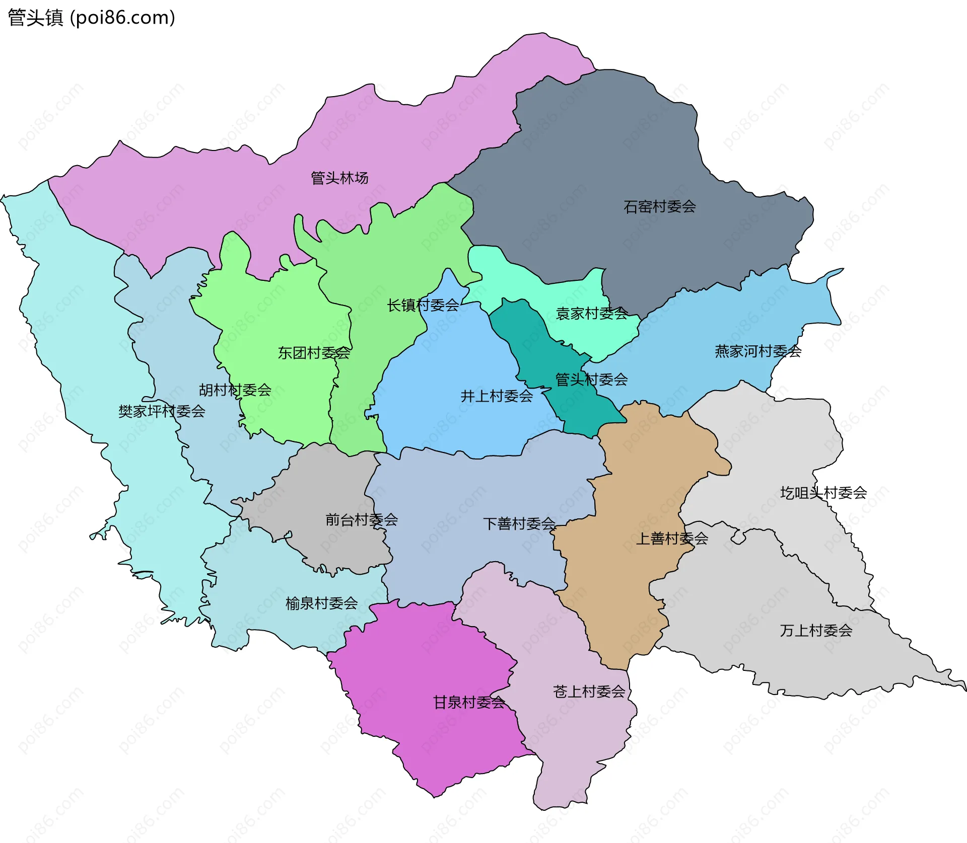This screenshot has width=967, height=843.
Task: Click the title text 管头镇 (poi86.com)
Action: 91,18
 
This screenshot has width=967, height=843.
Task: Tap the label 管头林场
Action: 339,178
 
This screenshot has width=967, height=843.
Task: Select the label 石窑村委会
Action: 660,206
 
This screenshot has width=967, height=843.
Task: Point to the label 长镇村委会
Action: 423,305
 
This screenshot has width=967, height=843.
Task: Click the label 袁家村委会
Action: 591,314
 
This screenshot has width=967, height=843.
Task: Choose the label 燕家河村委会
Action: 757,351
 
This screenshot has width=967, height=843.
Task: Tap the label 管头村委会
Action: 591,379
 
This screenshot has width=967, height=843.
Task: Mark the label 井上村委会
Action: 497,396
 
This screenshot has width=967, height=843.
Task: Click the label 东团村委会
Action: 314,353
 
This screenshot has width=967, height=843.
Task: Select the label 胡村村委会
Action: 235,390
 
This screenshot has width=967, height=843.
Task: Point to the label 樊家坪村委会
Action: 162,411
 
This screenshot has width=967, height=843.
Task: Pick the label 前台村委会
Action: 362,519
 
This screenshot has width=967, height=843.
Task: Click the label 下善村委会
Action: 519,523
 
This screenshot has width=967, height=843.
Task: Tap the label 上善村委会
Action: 672,539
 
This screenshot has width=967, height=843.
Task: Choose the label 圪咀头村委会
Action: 823,493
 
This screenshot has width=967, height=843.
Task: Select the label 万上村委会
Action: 816,630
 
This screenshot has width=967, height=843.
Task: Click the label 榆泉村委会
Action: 321,603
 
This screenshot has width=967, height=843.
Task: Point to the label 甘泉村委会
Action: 469,702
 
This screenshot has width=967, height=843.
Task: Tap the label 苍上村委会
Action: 589,692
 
